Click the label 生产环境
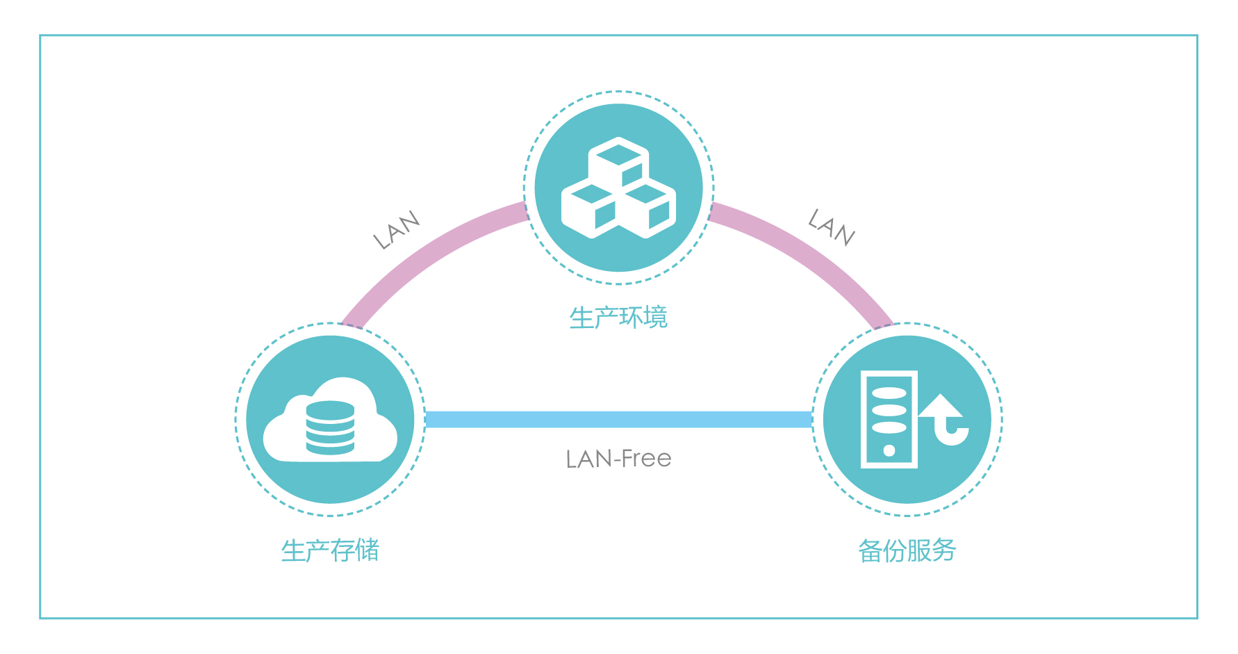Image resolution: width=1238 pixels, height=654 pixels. (x=618, y=318)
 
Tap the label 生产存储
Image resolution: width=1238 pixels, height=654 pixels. (x=330, y=550)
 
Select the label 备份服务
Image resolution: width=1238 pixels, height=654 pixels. (x=907, y=550)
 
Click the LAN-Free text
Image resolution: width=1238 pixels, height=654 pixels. (x=618, y=459)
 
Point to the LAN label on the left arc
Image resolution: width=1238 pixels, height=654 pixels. (x=397, y=230)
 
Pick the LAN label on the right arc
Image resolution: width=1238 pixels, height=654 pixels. (x=832, y=227)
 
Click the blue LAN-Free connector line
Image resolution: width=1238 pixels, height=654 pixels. (x=618, y=419)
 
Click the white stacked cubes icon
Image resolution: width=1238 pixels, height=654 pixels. (x=618, y=188)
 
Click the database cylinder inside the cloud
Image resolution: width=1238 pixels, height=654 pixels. (x=330, y=427)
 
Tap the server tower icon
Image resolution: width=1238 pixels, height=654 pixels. (x=889, y=419)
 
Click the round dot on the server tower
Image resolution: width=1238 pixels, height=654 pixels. (x=889, y=450)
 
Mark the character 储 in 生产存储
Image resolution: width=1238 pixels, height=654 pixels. (x=367, y=550)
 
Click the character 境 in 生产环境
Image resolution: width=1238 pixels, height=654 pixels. (x=655, y=318)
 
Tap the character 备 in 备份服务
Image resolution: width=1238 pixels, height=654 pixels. (x=870, y=550)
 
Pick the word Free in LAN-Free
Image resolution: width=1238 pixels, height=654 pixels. (x=646, y=459)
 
